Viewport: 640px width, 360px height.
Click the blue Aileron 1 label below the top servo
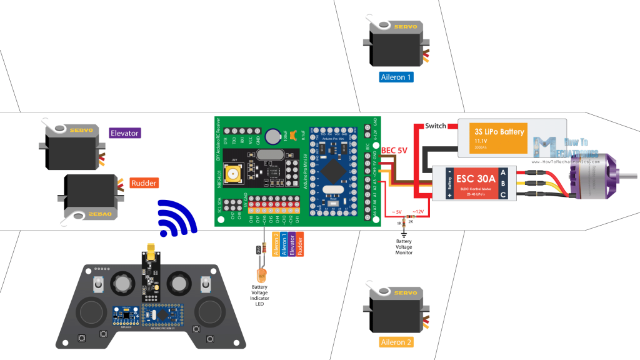(396, 77)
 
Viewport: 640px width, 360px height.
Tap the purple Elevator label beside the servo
(124, 132)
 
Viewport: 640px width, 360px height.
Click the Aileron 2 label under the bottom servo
(396, 342)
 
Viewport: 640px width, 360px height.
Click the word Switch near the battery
(436, 126)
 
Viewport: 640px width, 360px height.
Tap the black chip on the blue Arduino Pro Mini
(330, 170)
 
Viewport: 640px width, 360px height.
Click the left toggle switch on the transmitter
(99, 286)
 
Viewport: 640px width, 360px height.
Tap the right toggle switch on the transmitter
(204, 285)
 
